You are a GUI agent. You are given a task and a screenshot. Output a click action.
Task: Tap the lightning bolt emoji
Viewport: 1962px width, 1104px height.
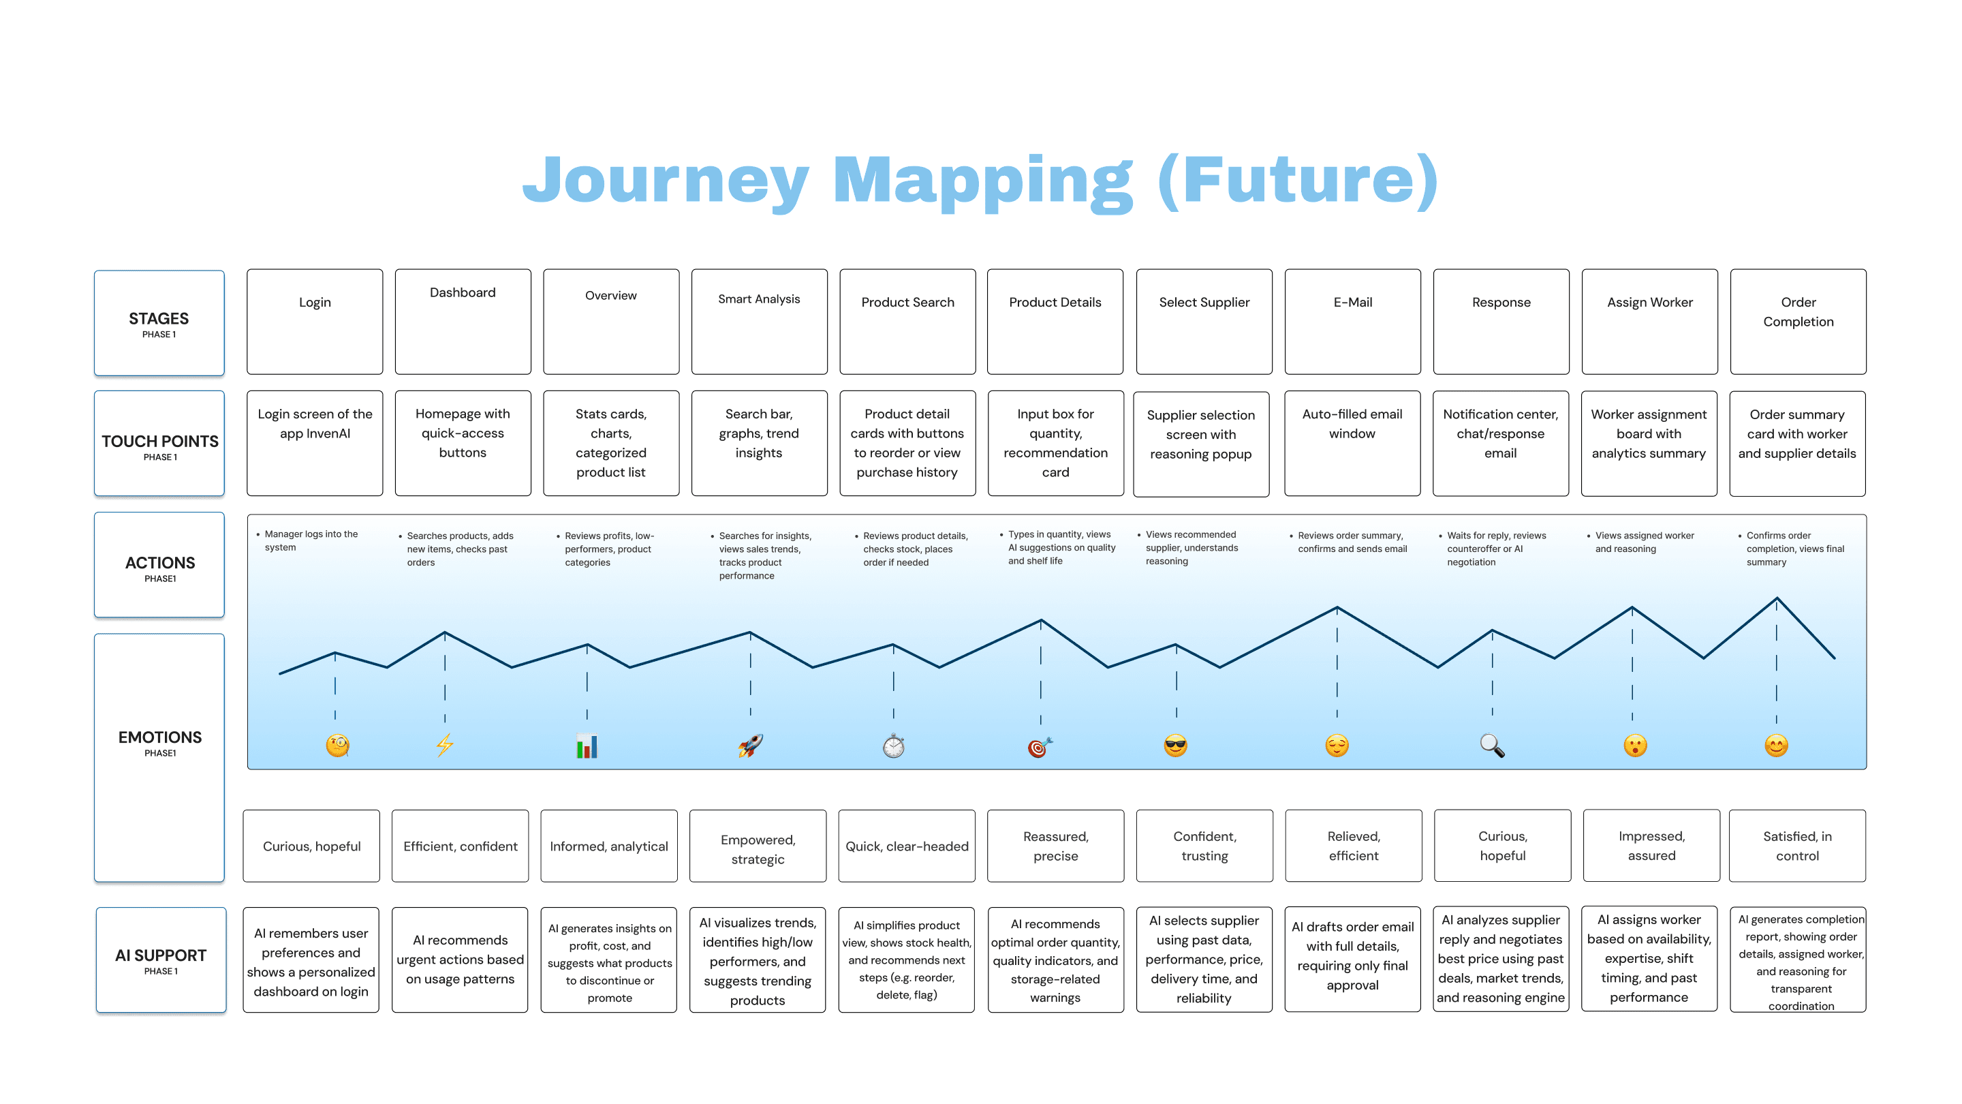pyautogui.click(x=445, y=744)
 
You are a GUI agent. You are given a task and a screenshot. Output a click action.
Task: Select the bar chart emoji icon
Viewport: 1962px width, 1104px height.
pyautogui.click(x=587, y=746)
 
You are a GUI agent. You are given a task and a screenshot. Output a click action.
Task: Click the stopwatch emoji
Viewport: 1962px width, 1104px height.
pyautogui.click(x=893, y=746)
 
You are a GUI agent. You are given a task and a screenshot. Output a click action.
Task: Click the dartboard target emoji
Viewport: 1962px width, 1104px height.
pyautogui.click(x=1040, y=747)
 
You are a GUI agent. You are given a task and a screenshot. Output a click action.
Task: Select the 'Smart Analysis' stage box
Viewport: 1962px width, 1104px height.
pyautogui.click(x=759, y=321)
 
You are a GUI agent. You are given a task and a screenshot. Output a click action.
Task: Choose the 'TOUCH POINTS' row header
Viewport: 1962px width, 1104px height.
pyautogui.click(x=159, y=444)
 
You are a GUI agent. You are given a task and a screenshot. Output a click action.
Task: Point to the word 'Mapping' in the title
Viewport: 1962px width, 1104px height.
pyautogui.click(x=982, y=181)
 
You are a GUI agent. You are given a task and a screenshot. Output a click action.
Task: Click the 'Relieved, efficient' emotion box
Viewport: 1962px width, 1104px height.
pyautogui.click(x=1353, y=846)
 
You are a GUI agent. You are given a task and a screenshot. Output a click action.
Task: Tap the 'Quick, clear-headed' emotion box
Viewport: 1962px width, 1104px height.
pyautogui.click(x=906, y=846)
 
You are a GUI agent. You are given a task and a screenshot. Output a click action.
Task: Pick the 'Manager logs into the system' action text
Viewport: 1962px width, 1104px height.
pyautogui.click(x=311, y=540)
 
